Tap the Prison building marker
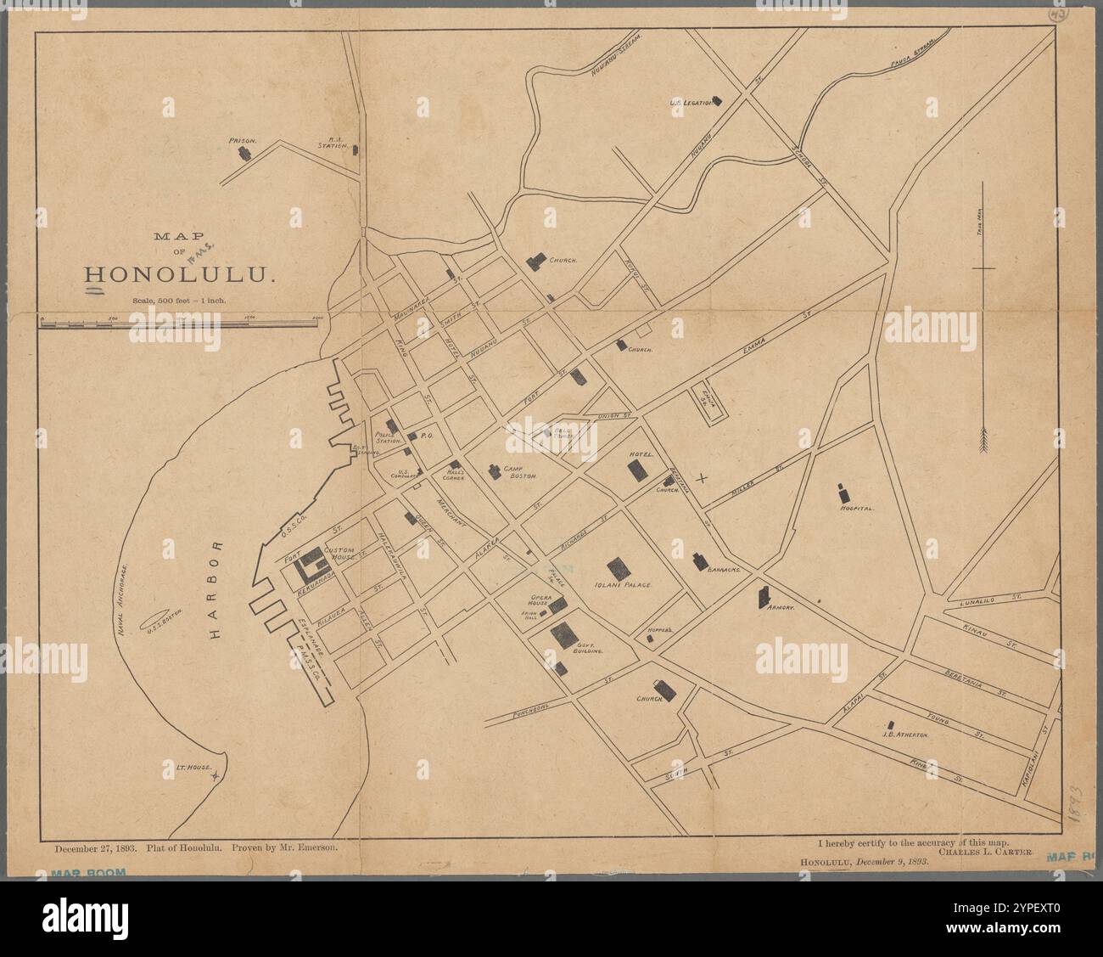tap(244, 153)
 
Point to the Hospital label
tap(855, 508)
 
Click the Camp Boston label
tap(523, 473)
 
